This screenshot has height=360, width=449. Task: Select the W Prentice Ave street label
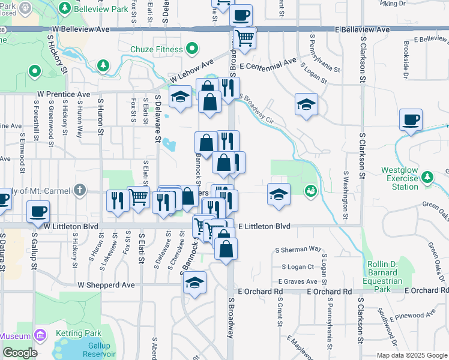point(63,94)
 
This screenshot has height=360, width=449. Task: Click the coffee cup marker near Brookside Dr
point(411,119)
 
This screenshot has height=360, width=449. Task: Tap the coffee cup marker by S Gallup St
point(38,211)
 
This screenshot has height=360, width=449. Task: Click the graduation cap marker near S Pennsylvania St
point(306,104)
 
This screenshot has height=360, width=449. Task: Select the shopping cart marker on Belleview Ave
point(244,37)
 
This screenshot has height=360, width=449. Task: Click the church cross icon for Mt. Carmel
point(80,191)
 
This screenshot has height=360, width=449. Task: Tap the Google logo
point(20,353)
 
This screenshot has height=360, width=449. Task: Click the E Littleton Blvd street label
point(264,226)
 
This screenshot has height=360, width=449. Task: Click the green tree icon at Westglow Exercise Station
point(427,178)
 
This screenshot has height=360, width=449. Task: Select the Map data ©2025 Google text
point(411,355)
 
